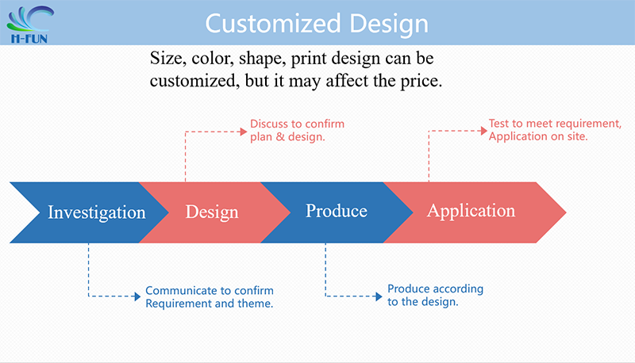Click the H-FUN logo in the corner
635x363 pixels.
tap(29, 25)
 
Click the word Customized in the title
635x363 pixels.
tap(273, 24)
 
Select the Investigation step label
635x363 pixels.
tap(96, 212)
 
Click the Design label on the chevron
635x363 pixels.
tap(212, 212)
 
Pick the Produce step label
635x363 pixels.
tap(336, 211)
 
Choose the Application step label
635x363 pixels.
tap(471, 212)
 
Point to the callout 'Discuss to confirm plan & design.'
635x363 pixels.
tap(297, 130)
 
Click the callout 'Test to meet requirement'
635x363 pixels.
tap(555, 124)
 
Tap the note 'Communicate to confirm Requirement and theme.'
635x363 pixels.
tap(210, 296)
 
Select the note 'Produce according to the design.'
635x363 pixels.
tap(435, 295)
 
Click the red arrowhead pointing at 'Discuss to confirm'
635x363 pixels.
tap(244, 132)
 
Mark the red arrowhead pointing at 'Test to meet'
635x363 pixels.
tap(484, 131)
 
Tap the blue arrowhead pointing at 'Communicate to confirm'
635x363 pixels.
tap(137, 296)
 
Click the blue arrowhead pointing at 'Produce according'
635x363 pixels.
tap(379, 296)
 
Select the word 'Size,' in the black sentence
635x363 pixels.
tap(168, 59)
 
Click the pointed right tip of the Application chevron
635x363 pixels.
tap(566, 212)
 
